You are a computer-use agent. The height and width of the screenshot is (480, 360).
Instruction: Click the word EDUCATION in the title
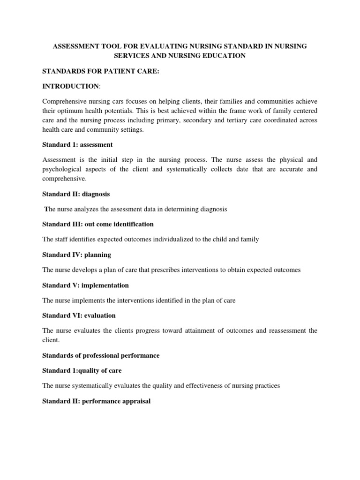click(222, 56)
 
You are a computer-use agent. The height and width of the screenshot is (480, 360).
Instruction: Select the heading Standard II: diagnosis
click(76, 194)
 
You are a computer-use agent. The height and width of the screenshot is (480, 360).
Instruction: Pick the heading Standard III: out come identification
click(98, 224)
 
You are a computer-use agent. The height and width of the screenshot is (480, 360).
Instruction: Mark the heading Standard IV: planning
click(76, 255)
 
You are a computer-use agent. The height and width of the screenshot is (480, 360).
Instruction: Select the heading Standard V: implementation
click(85, 285)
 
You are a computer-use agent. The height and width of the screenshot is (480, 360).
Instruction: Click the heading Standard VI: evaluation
click(79, 315)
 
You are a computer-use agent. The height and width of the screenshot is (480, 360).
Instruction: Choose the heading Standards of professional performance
click(101, 355)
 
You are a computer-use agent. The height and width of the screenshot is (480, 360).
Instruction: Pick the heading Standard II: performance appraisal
click(96, 401)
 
